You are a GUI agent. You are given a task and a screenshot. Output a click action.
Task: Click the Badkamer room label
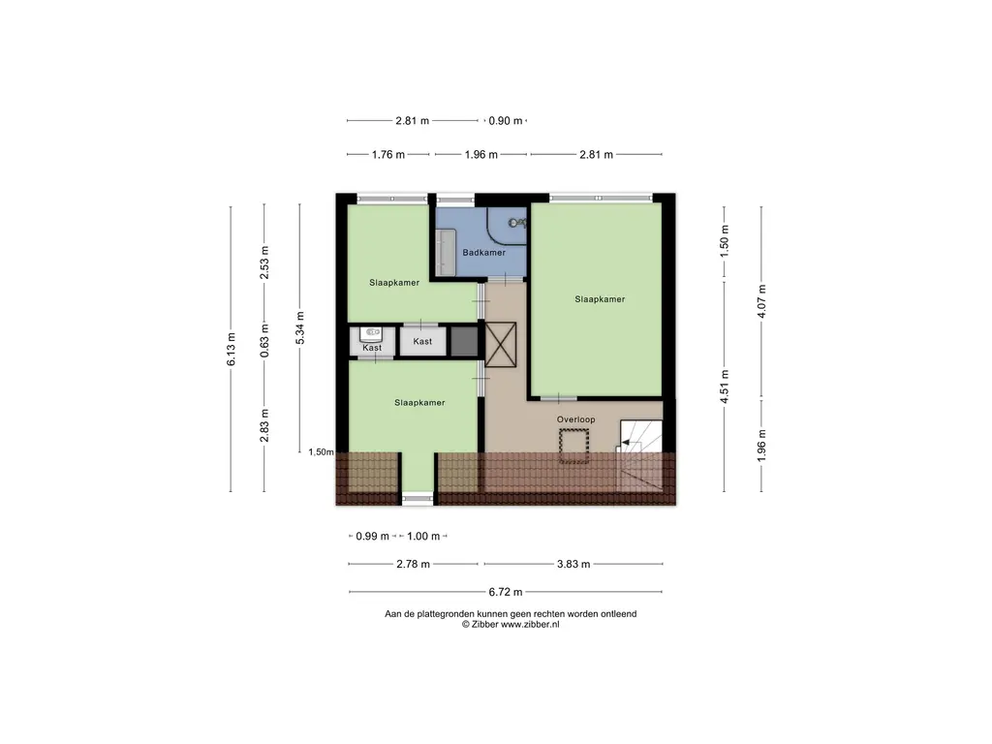(484, 253)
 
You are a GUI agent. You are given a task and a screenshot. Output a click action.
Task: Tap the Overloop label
(575, 419)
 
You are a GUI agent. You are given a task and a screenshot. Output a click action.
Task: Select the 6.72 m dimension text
(506, 592)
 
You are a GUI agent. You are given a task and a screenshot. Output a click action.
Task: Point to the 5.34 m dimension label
(300, 327)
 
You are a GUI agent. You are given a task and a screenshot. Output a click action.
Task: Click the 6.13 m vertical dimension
(232, 349)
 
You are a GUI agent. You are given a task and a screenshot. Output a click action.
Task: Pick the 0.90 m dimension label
(506, 121)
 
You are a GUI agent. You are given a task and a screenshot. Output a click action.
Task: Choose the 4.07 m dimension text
(761, 301)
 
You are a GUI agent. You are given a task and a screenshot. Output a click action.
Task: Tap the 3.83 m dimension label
(573, 565)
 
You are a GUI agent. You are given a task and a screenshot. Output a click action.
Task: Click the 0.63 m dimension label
(265, 340)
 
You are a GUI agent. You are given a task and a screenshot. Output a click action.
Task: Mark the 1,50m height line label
(322, 451)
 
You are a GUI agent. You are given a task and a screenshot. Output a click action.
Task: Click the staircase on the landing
(639, 455)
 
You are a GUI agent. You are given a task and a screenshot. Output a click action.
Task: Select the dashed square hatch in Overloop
(573, 446)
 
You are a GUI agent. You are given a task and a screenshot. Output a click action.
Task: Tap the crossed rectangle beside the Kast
(501, 345)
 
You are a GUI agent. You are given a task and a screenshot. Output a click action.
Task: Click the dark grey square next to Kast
(464, 341)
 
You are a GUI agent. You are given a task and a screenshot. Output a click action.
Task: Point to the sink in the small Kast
(372, 332)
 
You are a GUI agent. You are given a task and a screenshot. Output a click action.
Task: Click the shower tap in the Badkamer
(517, 223)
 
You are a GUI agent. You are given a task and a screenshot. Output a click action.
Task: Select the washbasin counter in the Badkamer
(446, 252)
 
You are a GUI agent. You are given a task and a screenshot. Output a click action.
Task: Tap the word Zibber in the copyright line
(484, 625)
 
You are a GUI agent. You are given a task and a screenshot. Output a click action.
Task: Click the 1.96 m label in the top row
(480, 154)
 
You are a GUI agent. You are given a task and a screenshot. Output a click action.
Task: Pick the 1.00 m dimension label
(423, 537)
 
